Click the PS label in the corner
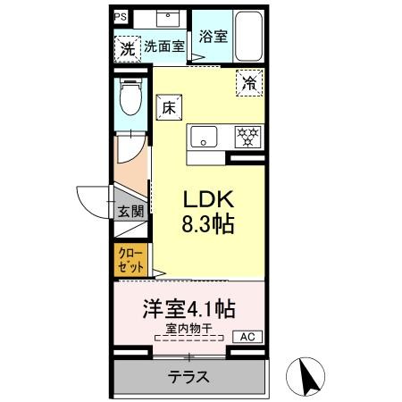pyautogui.click(x=121, y=17)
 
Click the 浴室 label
pyautogui.click(x=213, y=37)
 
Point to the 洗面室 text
pyautogui.click(x=163, y=47)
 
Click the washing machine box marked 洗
pyautogui.click(x=127, y=48)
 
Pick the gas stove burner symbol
pyautogui.click(x=247, y=137)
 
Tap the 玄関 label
pyautogui.click(x=130, y=212)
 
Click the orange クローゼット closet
pyautogui.click(x=129, y=260)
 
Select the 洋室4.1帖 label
pyautogui.click(x=190, y=310)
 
